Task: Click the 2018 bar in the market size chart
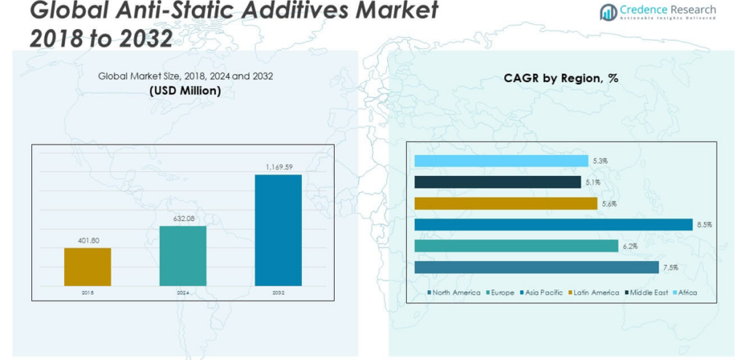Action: pos(87,267)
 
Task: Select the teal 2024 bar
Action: pos(183,256)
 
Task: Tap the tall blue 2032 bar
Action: pos(278,230)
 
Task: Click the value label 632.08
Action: pos(183,219)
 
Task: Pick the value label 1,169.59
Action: pos(278,167)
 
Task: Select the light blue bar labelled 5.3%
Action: pos(501,161)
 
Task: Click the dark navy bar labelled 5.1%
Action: pos(497,182)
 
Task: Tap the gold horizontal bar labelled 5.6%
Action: pos(505,204)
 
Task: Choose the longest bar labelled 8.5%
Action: pos(553,225)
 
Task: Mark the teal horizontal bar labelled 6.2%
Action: pos(516,246)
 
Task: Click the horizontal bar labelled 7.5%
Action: pos(536,267)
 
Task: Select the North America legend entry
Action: pos(453,292)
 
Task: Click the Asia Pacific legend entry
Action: pos(542,292)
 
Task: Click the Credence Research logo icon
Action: pos(608,12)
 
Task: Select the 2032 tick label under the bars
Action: pos(278,292)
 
